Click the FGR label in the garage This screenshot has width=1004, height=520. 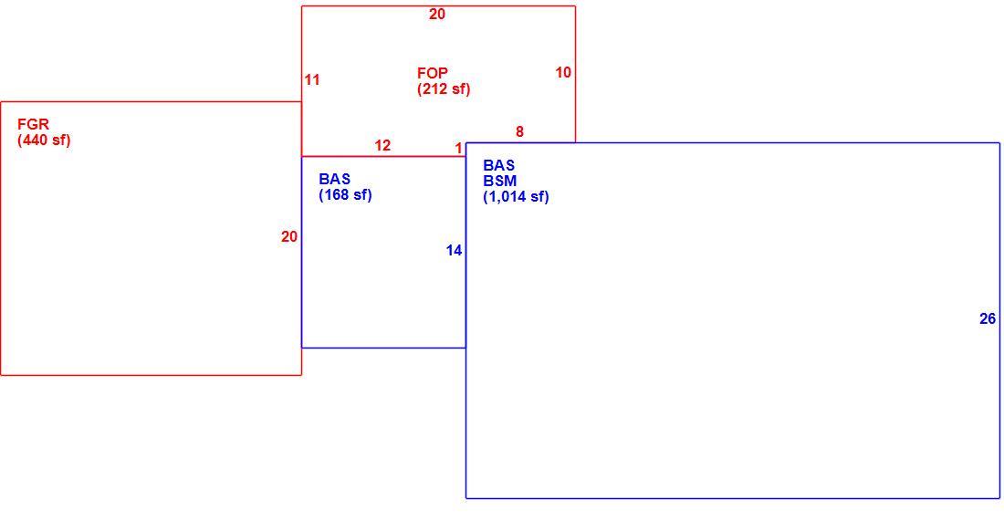(x=33, y=124)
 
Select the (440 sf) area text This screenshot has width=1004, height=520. (x=44, y=140)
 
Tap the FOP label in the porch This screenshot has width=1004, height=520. (x=433, y=73)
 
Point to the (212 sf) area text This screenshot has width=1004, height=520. (x=444, y=88)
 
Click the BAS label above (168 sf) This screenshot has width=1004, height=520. (x=335, y=179)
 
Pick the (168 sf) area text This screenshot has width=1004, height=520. (x=345, y=195)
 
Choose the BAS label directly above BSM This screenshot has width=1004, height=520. (x=499, y=166)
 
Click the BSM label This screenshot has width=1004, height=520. (x=500, y=181)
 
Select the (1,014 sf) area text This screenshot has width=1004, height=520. (x=516, y=197)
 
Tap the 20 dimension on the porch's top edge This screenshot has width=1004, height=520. (x=437, y=14)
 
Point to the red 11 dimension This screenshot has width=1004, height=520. (x=312, y=80)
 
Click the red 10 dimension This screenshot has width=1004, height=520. (x=563, y=73)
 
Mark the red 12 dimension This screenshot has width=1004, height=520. (x=383, y=146)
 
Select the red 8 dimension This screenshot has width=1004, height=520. (x=520, y=131)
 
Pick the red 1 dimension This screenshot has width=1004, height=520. (x=458, y=149)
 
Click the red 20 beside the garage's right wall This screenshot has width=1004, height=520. (x=289, y=237)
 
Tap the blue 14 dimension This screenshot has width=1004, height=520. (x=454, y=251)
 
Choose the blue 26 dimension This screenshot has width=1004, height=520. (x=988, y=318)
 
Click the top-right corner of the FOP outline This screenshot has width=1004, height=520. (x=575, y=6)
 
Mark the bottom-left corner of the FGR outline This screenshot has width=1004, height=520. (x=1, y=375)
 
